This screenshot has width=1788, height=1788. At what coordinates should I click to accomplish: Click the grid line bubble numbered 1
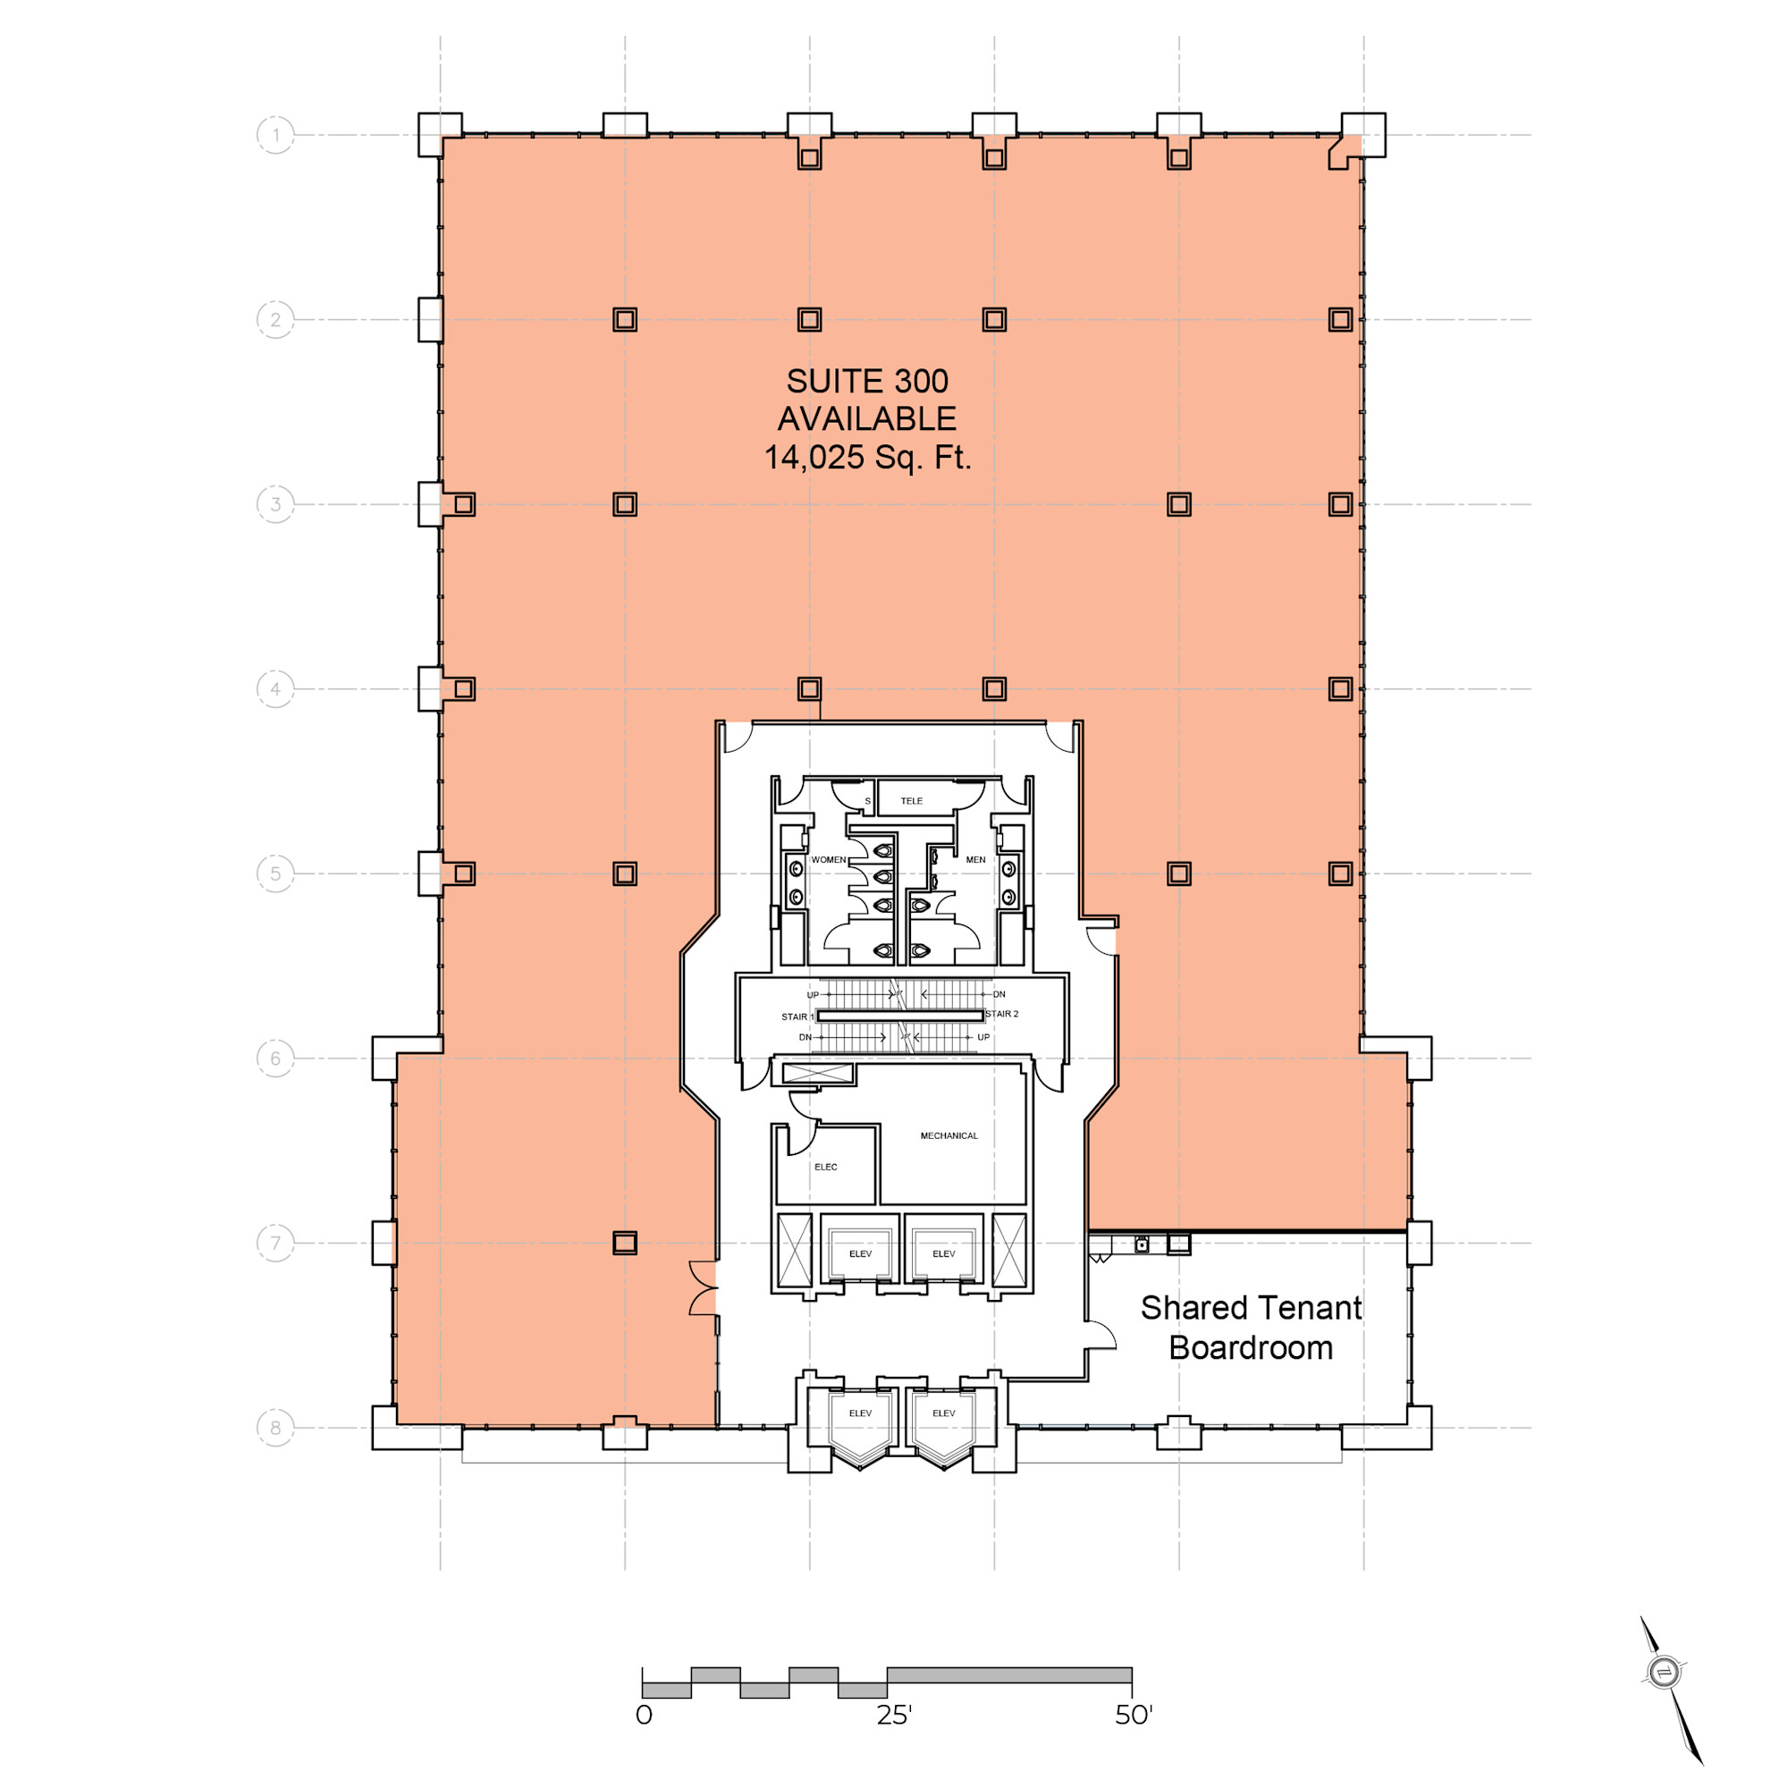click(x=274, y=135)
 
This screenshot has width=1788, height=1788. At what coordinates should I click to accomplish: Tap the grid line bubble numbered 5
click(x=274, y=873)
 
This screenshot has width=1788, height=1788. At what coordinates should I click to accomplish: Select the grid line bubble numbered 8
click(x=274, y=1427)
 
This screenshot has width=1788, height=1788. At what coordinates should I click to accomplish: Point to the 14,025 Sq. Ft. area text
click(x=867, y=457)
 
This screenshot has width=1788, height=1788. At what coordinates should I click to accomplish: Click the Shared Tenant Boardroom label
click(x=1251, y=1327)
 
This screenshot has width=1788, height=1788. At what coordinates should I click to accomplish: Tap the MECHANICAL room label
click(x=949, y=1135)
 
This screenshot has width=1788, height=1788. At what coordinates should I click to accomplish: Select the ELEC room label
click(x=825, y=1167)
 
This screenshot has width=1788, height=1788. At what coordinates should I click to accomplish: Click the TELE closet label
click(x=912, y=801)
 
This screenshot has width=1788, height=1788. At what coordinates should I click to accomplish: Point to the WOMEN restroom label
click(x=829, y=860)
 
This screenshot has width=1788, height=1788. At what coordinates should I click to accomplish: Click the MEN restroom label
click(x=975, y=860)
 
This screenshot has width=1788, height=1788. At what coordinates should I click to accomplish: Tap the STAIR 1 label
click(x=797, y=1017)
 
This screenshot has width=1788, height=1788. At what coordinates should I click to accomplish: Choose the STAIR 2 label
click(x=1001, y=1015)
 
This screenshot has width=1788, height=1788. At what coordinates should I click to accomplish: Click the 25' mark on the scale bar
click(x=894, y=1716)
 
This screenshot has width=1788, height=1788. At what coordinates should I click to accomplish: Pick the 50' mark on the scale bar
click(x=1134, y=1716)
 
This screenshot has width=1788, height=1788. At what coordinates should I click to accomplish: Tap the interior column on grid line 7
click(x=625, y=1243)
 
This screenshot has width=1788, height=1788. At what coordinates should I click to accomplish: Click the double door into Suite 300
click(x=704, y=1287)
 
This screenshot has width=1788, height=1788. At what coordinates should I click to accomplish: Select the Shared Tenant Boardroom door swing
click(x=1101, y=1334)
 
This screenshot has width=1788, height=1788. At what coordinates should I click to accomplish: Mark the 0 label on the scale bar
click(x=644, y=1716)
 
